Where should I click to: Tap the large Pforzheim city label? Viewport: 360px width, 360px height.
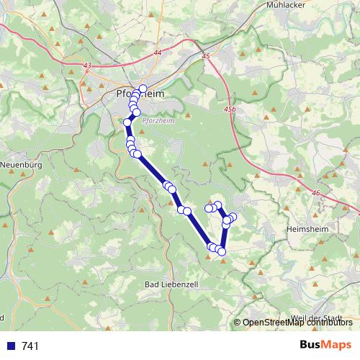coord(141,94)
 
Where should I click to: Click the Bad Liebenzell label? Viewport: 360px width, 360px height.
coord(172,285)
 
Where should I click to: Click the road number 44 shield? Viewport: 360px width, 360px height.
coord(157,53)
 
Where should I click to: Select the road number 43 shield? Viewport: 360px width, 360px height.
coord(88,66)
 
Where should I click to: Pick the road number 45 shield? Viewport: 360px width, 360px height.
coord(206,55)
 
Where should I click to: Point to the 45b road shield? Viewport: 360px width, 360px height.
coord(229,109)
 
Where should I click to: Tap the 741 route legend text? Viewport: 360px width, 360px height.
coord(30,346)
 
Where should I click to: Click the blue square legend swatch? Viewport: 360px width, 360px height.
coord(11,346)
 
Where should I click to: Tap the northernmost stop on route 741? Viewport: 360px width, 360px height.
coord(143,89)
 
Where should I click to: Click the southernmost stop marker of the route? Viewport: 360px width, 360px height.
coord(222,251)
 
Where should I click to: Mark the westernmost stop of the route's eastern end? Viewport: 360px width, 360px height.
coord(209,208)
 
